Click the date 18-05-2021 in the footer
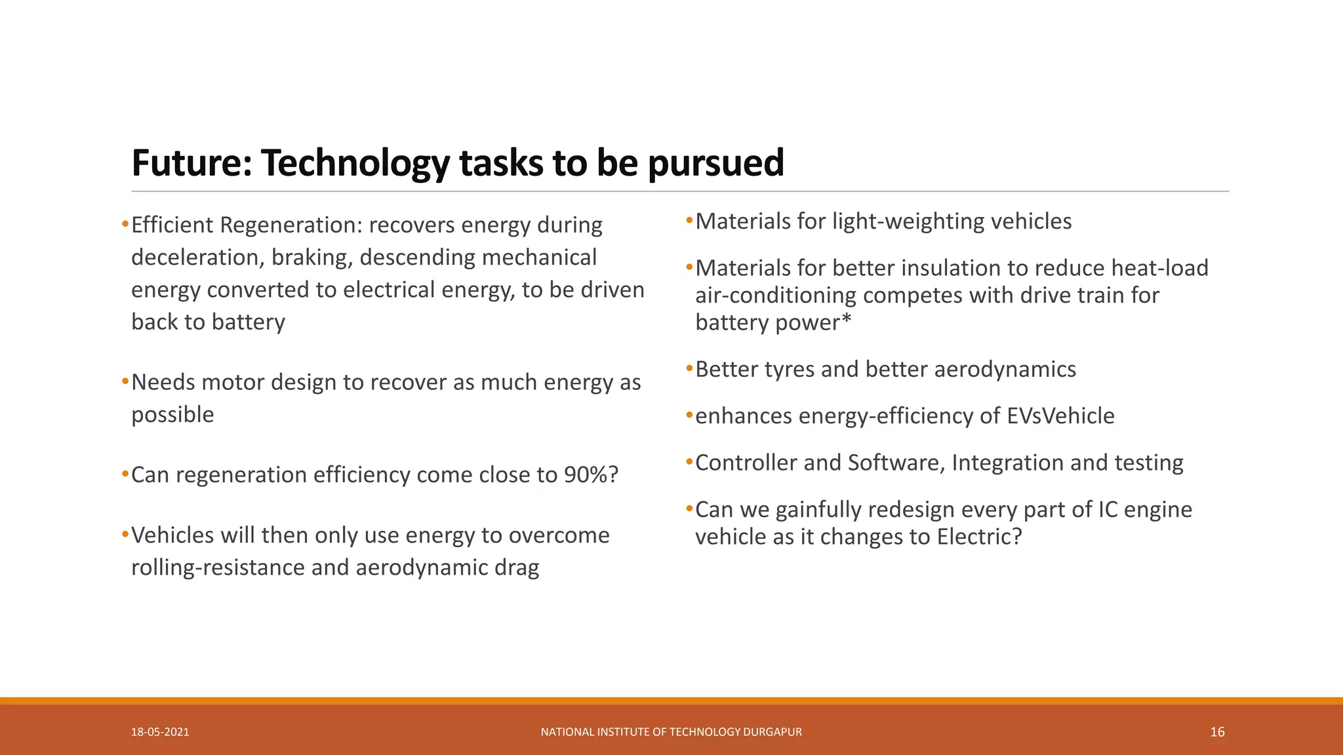[x=160, y=732]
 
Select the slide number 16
[x=1217, y=732]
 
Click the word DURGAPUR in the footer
[x=772, y=732]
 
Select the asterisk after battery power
[x=846, y=320]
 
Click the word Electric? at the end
[x=980, y=537]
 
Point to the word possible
[x=172, y=415]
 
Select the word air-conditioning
[x=776, y=296]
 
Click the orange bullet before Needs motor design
[x=125, y=381]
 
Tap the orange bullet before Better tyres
[x=689, y=368]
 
